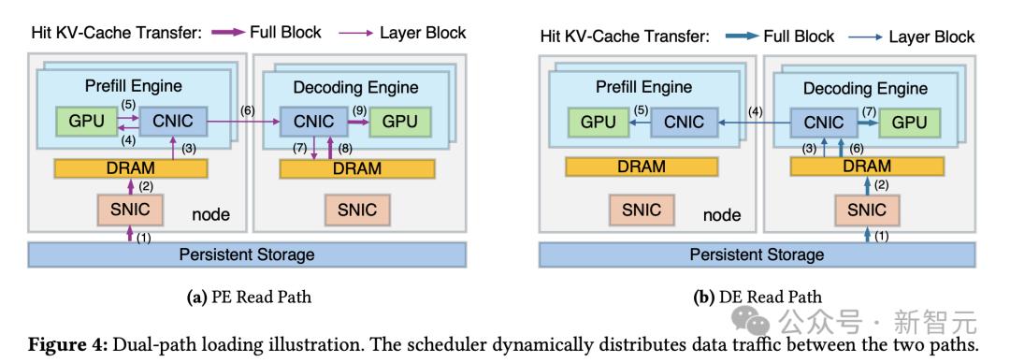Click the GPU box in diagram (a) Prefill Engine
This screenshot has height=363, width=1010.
(86, 122)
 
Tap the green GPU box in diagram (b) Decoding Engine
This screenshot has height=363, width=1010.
(909, 122)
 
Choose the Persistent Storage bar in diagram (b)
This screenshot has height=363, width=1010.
(757, 254)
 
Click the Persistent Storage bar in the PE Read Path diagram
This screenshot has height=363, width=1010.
(247, 254)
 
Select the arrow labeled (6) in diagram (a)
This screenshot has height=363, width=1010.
(244, 122)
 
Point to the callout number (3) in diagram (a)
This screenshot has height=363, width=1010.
(187, 149)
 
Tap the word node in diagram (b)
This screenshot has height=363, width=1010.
(722, 214)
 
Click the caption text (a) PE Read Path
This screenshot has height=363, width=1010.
(251, 298)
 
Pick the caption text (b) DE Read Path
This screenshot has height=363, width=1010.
(757, 298)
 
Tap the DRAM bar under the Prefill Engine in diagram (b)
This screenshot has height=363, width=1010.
(642, 167)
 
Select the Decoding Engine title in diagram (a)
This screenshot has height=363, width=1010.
(355, 87)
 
